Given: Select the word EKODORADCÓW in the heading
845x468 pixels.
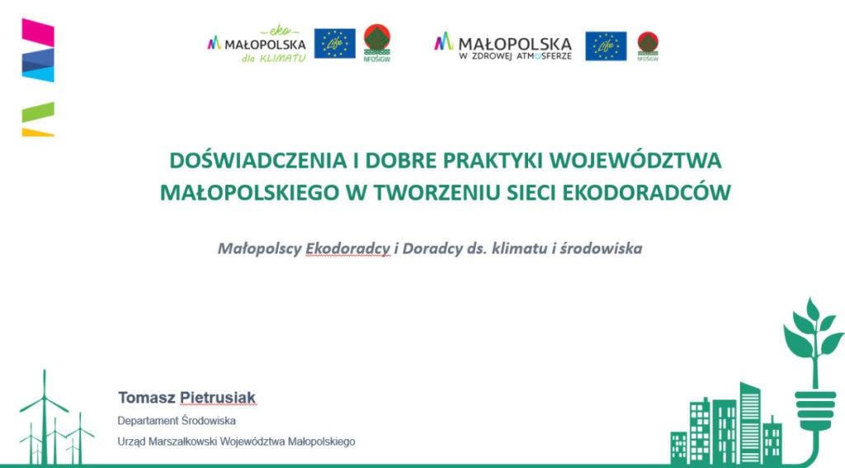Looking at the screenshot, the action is click(x=646, y=192).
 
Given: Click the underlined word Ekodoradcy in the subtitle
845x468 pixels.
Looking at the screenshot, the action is click(x=347, y=248).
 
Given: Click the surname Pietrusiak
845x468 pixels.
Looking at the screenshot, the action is click(x=218, y=398).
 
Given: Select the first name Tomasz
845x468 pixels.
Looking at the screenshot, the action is click(x=147, y=398).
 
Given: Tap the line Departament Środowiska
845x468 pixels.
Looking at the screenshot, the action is click(x=177, y=421).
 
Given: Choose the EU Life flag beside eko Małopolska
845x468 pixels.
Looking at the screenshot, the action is click(x=335, y=43).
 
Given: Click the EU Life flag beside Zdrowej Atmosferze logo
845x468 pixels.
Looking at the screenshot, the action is click(x=606, y=46).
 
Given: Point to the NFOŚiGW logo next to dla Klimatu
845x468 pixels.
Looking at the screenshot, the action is click(x=376, y=43).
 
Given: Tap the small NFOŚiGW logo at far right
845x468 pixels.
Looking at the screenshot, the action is click(x=648, y=46).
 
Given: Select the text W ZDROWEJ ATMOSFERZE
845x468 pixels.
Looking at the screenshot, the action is click(x=515, y=56).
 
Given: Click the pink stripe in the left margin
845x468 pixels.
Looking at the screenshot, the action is click(x=38, y=32).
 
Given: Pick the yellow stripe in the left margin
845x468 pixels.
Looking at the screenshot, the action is click(x=38, y=132).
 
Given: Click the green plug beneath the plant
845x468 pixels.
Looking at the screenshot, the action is click(x=814, y=409).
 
